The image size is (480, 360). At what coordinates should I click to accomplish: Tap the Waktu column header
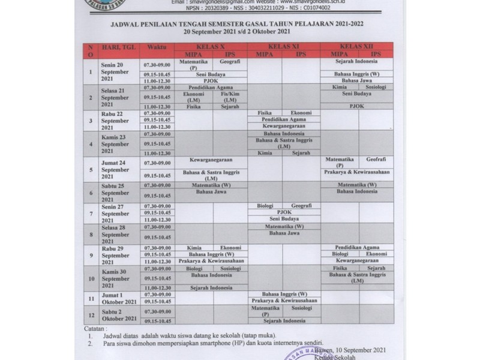(157, 46)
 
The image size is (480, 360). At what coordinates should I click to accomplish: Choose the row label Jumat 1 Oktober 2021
(112, 298)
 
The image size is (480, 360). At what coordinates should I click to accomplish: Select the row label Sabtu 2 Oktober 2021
(112, 314)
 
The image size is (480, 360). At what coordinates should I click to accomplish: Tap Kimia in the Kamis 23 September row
(265, 153)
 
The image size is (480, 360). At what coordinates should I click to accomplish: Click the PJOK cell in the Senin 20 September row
(211, 80)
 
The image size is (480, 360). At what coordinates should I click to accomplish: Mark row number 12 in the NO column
(91, 314)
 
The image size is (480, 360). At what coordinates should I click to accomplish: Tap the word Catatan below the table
(95, 329)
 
